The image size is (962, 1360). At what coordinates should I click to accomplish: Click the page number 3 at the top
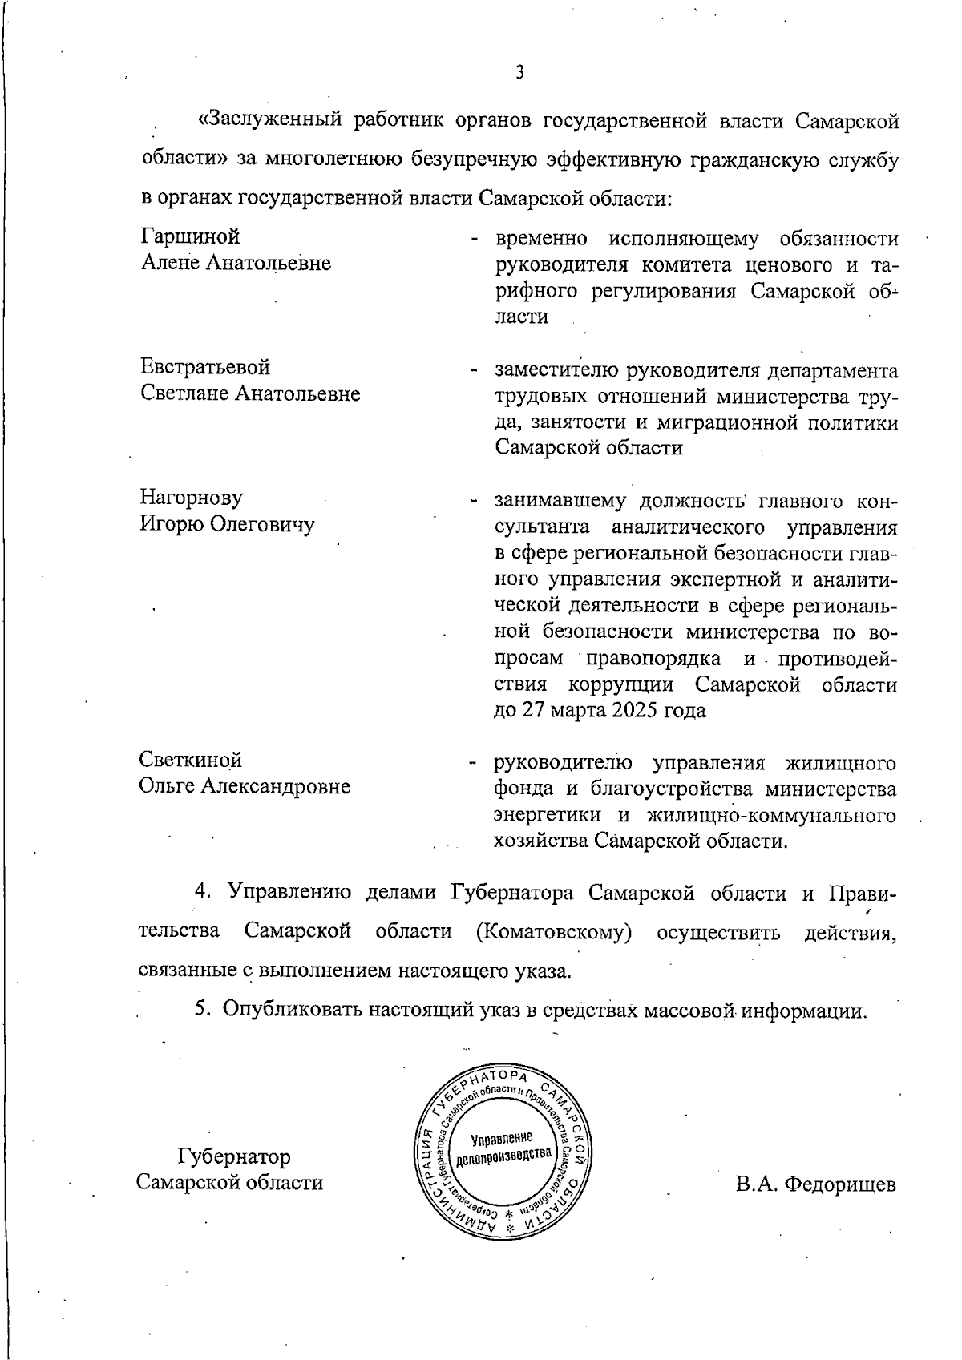pyautogui.click(x=519, y=73)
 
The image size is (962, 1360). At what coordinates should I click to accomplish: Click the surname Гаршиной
pyautogui.click(x=191, y=236)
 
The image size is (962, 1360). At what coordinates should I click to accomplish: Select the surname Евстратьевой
pyautogui.click(x=206, y=367)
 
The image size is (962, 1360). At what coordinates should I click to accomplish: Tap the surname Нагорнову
pyautogui.click(x=192, y=498)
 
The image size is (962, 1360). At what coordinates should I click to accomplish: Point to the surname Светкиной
pyautogui.click(x=191, y=759)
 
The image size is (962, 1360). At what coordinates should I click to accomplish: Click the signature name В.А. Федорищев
pyautogui.click(x=816, y=1184)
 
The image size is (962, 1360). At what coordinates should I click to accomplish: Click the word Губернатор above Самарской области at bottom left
pyautogui.click(x=234, y=1156)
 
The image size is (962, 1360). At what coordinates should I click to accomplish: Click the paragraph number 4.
pyautogui.click(x=203, y=892)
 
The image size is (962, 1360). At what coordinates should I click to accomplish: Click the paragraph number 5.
pyautogui.click(x=203, y=1010)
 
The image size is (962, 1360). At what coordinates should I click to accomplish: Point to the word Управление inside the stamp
pyautogui.click(x=502, y=1138)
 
